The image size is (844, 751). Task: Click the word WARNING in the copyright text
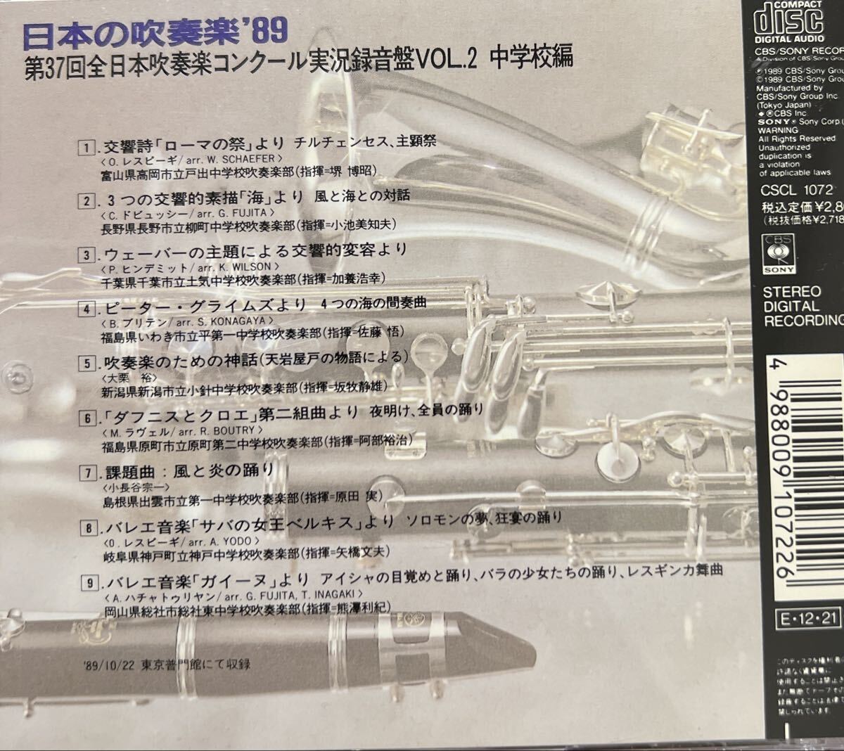778,130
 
